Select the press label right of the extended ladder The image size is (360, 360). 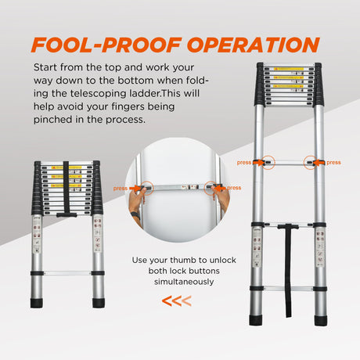(x=334, y=163)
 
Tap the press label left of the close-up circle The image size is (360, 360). (x=120, y=188)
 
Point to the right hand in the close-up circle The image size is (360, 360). (x=224, y=201)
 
